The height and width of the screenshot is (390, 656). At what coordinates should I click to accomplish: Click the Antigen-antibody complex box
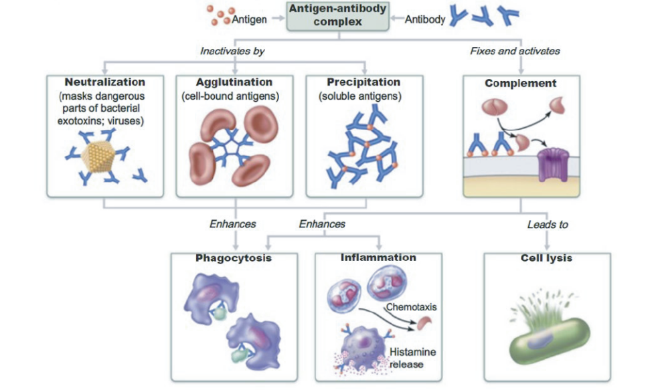click(x=338, y=15)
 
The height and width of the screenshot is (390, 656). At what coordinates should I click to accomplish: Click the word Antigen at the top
click(x=249, y=19)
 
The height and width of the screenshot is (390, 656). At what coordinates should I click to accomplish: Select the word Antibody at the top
click(x=425, y=19)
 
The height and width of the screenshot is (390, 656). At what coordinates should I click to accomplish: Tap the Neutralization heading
click(x=104, y=83)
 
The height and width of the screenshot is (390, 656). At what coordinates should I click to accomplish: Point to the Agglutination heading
click(x=234, y=83)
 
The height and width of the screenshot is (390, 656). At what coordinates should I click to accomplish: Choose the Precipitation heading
click(x=363, y=83)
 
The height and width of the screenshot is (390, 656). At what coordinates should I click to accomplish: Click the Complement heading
click(x=521, y=84)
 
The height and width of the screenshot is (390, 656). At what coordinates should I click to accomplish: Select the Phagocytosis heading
click(x=234, y=258)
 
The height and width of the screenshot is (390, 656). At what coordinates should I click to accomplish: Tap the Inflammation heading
click(x=378, y=258)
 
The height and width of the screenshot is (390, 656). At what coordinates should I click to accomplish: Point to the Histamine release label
click(x=410, y=358)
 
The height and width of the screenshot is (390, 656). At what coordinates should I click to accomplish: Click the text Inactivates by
click(x=228, y=51)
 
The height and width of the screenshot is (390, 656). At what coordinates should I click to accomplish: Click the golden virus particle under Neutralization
click(x=100, y=158)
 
